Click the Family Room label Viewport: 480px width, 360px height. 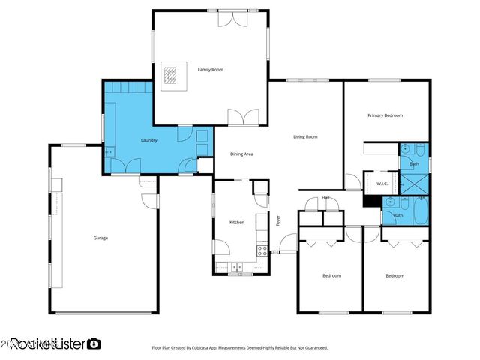click(210, 70)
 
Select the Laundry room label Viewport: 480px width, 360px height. click(148, 140)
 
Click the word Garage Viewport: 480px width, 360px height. click(100, 238)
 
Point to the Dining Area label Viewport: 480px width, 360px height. click(241, 154)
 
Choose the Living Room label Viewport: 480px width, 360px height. click(305, 136)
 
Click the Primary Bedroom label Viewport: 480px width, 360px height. click(385, 115)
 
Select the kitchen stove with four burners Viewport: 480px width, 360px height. click(262, 251)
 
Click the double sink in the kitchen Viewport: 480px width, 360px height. click(237, 266)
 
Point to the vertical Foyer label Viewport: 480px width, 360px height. click(277, 221)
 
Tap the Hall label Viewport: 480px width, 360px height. click(325, 198)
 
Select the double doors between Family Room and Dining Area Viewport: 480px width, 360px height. click(244, 118)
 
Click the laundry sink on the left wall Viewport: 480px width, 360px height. click(108, 152)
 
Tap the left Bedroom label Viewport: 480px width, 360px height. click(331, 276)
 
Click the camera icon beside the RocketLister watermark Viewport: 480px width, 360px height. click(94, 343)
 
